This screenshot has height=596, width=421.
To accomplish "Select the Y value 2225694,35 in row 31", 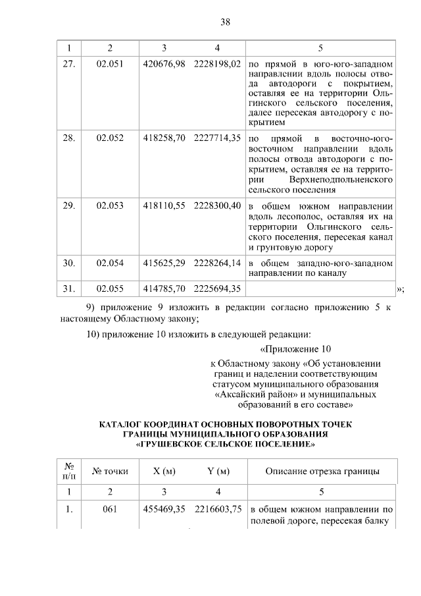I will coord(218,288).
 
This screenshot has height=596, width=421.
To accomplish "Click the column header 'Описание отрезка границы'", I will coord(322,471).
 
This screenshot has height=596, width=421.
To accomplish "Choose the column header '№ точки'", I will coord(110,471).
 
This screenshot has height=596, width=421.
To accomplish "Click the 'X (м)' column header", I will coord(164,471).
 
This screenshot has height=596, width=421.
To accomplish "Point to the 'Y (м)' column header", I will coord(218,471).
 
